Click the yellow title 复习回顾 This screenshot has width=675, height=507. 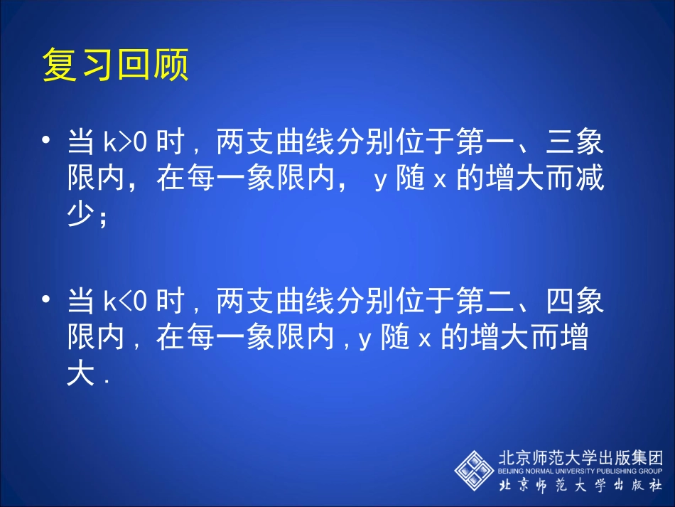pyautogui.click(x=115, y=65)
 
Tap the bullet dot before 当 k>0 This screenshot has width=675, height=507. pyautogui.click(x=48, y=141)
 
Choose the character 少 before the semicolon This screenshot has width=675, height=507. pyautogui.click(x=80, y=215)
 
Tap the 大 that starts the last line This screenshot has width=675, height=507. pyautogui.click(x=80, y=375)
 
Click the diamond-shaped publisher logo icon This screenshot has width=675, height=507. pyautogui.click(x=475, y=470)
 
